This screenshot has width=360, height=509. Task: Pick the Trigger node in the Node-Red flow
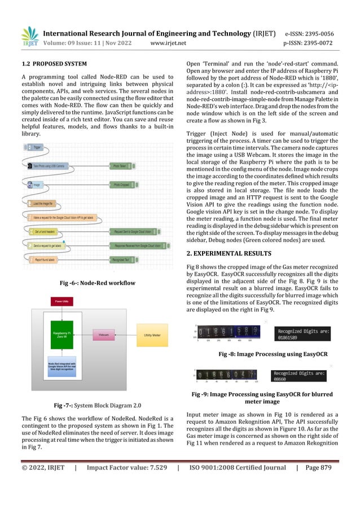[x=36, y=146]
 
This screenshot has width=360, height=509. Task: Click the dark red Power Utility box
[x=62, y=302]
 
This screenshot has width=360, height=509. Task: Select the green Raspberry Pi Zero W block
[x=62, y=335]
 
